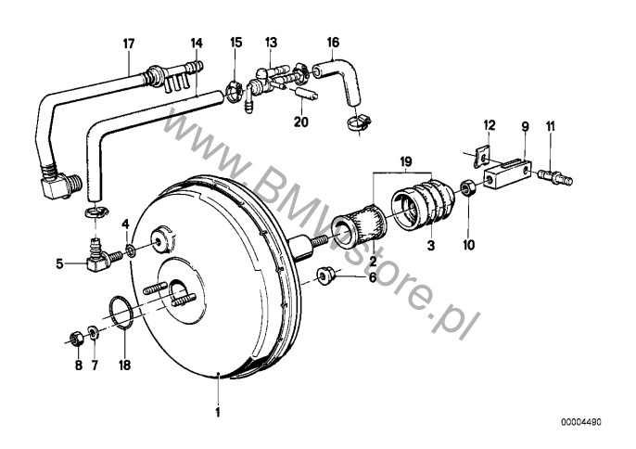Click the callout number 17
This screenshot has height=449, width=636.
(x=129, y=44)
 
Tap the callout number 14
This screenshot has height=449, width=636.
(x=197, y=43)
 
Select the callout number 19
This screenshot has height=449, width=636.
(x=406, y=162)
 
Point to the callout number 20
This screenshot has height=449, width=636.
(x=301, y=122)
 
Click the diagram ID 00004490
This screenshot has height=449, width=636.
(x=581, y=422)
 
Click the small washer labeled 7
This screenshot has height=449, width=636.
(x=93, y=333)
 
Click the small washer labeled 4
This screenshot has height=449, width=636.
(x=131, y=250)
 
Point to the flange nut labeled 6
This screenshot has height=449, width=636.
(x=324, y=276)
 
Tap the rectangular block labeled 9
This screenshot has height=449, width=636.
(x=508, y=173)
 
